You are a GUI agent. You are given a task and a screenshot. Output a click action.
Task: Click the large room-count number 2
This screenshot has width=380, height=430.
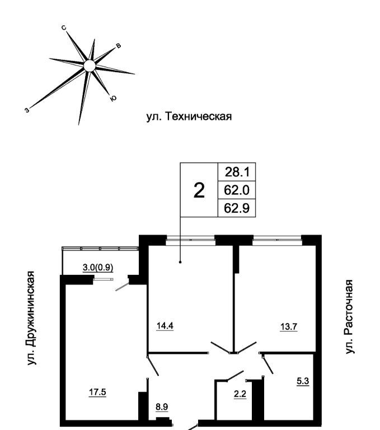[199, 191]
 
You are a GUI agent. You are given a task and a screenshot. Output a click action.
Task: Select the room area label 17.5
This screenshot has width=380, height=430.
[98, 391]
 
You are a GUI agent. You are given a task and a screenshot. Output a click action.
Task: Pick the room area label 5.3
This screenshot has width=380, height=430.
[303, 382]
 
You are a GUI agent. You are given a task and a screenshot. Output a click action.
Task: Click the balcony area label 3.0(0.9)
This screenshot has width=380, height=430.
[98, 268]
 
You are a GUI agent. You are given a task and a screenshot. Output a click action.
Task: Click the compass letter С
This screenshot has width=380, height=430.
[65, 27]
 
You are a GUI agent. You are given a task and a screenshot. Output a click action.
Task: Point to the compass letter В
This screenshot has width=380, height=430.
[118, 45]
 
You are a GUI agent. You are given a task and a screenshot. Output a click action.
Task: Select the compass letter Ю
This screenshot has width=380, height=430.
[114, 99]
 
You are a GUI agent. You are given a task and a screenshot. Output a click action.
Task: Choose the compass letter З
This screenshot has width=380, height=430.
[27, 110]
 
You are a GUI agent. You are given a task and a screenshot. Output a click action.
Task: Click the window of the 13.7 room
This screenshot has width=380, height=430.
[277, 240]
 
